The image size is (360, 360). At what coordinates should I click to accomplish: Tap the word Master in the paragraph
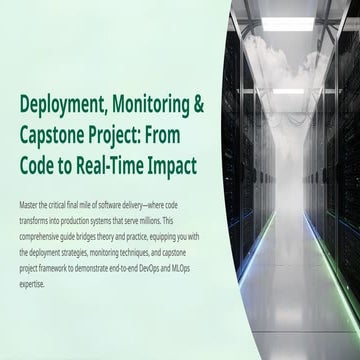(30, 204)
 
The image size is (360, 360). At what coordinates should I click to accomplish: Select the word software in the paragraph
(125, 204)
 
